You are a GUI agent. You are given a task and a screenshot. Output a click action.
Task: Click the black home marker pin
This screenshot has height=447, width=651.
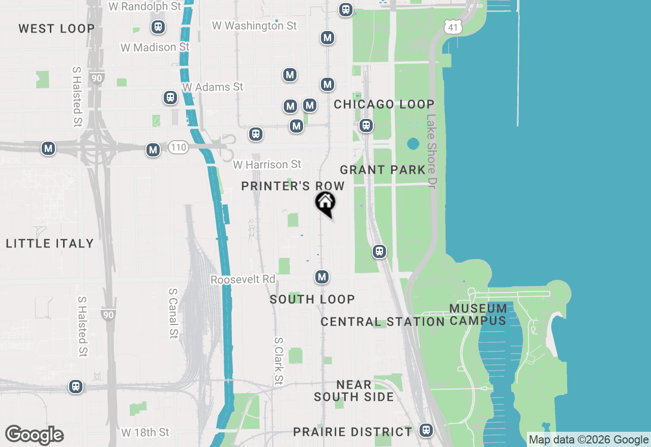pos(325,203)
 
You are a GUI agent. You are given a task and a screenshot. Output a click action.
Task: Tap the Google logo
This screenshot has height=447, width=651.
pos(35,435)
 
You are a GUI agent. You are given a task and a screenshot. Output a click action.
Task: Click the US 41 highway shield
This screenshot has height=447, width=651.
pos(452,27)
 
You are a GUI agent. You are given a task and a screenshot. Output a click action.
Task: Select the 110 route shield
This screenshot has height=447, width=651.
pos(179,148)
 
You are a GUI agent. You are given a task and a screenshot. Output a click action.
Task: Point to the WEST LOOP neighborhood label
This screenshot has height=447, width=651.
pos(56,28)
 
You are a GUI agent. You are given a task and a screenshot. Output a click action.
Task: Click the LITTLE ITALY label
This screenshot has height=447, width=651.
pos(50,244)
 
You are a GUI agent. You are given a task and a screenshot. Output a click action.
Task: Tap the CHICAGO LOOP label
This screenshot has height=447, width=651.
pos(384,105)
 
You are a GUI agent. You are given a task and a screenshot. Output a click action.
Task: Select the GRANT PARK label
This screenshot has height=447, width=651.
pos(382,170)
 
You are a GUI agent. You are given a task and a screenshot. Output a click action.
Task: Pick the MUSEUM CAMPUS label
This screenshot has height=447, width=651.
pos(478,314)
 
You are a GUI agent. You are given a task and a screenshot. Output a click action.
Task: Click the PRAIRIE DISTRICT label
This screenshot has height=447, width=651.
pos(353,432)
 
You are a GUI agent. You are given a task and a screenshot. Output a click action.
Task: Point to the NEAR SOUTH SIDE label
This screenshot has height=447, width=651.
pos(354,391)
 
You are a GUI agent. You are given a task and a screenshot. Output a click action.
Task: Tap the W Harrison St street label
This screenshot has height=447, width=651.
pos(267,165)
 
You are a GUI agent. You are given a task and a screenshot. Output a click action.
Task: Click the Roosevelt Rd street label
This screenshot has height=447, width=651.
pos(243,279)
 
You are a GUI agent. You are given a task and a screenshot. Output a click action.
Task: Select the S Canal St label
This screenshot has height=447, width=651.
pos(173,313)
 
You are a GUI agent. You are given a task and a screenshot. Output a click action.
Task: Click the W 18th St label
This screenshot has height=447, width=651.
pos(145,432)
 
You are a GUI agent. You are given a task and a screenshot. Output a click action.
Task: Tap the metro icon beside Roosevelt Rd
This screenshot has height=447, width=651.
pos(321,277)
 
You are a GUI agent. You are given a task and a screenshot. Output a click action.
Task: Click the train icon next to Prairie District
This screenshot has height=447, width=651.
pos(426,430)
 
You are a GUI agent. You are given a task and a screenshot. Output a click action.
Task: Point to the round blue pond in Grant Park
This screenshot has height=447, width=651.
pos(413,144)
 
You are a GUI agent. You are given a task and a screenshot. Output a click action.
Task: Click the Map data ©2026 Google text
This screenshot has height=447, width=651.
pos(588,440)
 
